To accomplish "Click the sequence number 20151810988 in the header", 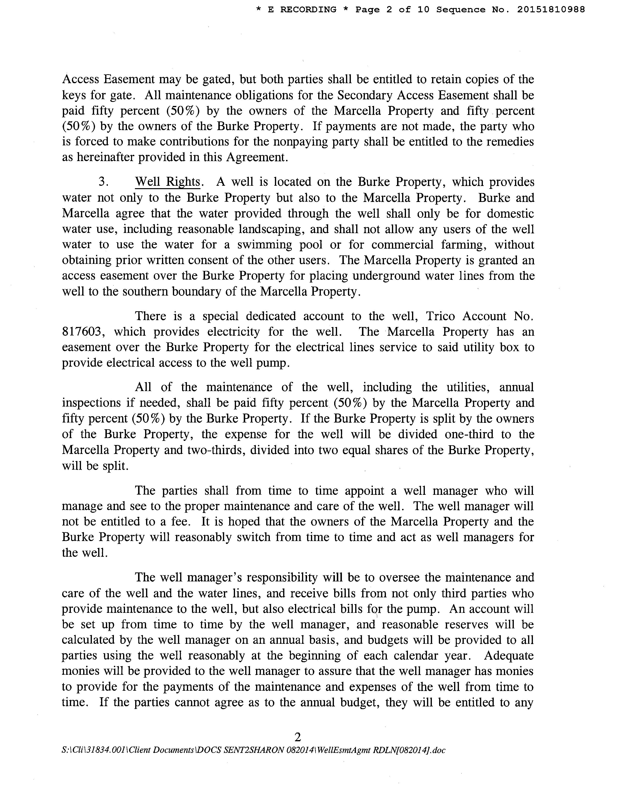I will click(x=551, y=9).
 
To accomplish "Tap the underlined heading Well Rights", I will click(x=168, y=182).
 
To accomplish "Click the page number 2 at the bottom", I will click(x=297, y=737).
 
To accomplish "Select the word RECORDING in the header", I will click(x=308, y=9).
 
